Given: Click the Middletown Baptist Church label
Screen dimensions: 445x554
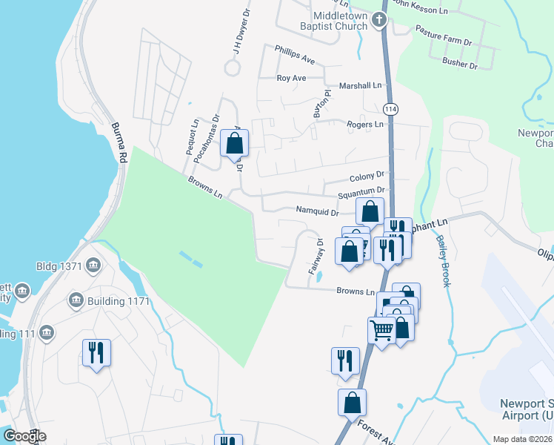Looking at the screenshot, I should [340, 21].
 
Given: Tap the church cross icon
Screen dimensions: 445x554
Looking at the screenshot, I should [379, 20].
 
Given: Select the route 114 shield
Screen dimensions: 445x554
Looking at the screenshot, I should [391, 108].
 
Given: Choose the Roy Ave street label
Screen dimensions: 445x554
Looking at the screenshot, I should [291, 78].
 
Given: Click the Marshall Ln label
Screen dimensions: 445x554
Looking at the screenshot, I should [360, 86].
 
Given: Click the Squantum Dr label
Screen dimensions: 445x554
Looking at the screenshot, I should [361, 194].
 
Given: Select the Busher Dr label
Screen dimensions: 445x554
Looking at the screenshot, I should [460, 64].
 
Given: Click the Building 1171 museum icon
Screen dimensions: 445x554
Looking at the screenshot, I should [75, 300].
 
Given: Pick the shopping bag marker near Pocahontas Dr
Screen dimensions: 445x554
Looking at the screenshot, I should [234, 144].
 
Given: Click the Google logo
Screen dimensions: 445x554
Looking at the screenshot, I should [24, 436].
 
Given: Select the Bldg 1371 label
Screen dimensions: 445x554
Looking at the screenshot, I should [60, 266].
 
